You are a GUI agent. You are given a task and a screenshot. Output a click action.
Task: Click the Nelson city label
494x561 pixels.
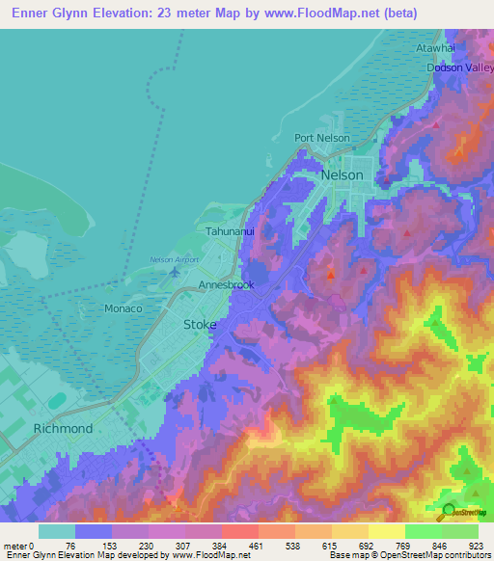coord(343,175)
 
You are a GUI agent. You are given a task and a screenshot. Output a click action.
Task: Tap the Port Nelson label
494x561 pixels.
coord(322,138)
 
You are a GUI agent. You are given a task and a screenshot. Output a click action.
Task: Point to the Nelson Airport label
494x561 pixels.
coord(174,258)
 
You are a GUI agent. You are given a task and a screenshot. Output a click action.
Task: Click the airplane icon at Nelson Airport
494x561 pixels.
coord(175,271)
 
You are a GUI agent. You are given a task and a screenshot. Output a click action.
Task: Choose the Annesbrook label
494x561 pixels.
coord(226,286)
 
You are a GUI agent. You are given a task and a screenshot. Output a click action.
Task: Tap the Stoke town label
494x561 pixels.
coord(201,325)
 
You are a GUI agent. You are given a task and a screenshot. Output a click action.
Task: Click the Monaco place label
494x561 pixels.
coord(123,308)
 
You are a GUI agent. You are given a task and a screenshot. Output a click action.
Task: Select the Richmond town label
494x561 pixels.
coord(63,428)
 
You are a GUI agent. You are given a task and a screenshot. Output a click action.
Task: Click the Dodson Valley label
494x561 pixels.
coord(459,67)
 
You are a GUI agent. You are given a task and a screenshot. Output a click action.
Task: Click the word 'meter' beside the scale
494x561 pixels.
coord(14,546)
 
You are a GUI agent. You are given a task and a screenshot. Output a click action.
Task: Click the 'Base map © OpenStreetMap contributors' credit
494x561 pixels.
coord(410,555)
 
